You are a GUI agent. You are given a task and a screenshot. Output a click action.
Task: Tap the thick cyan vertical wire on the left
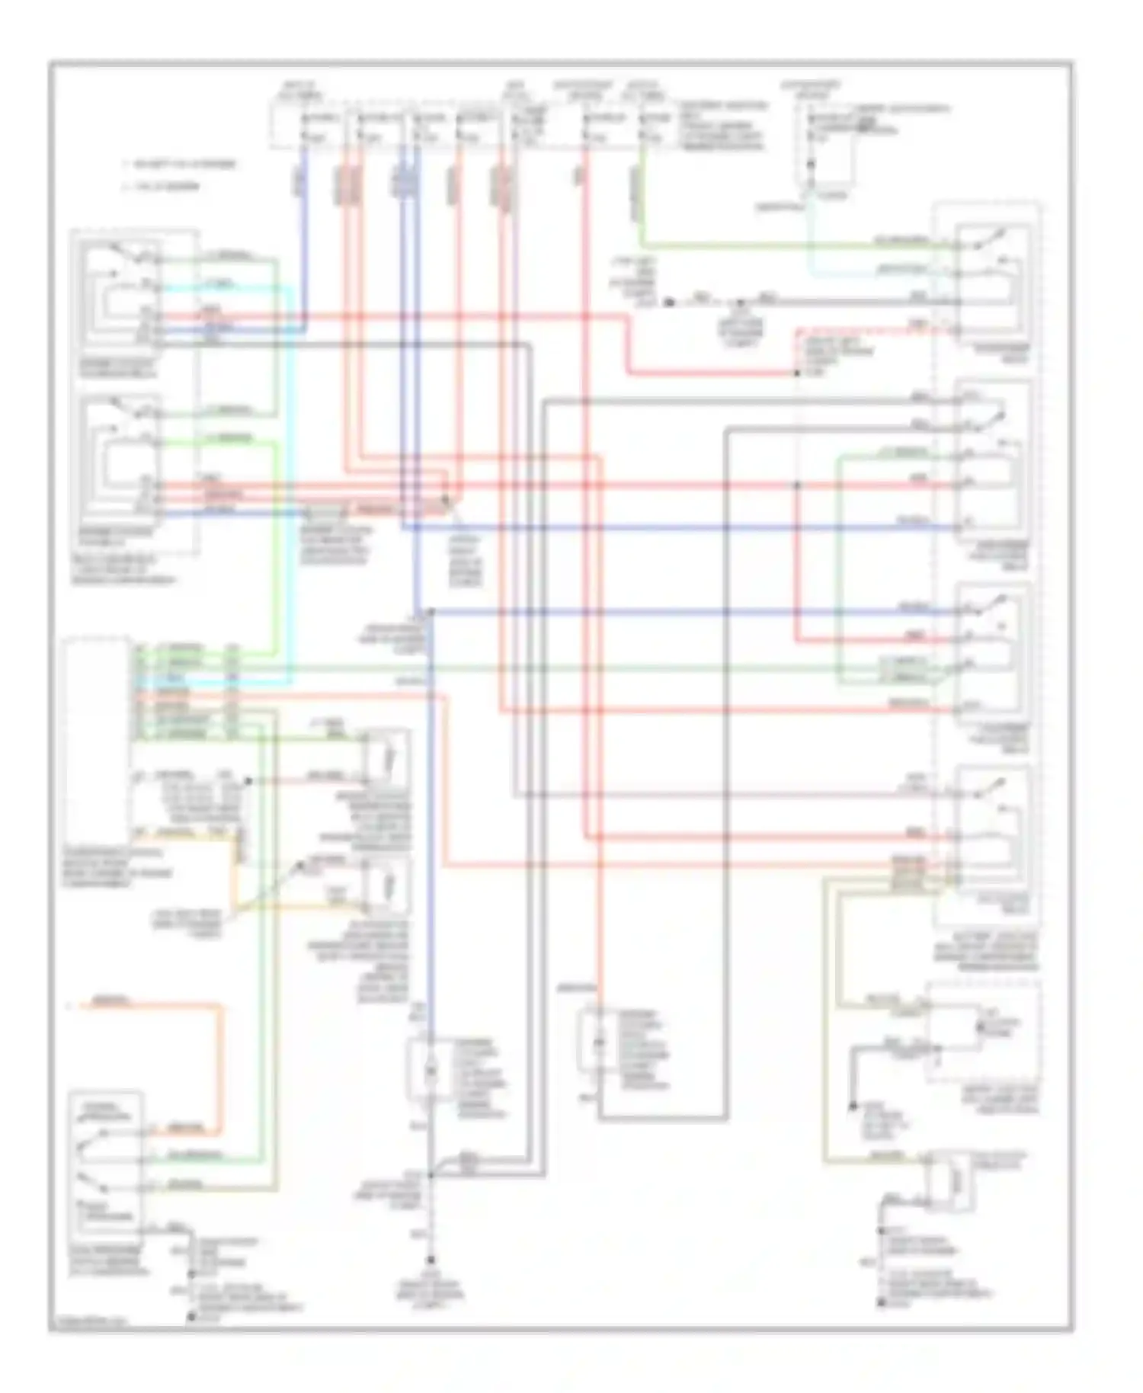pyautogui.click(x=290, y=488)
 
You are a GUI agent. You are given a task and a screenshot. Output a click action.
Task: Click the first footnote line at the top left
pyautogui.click(x=180, y=164)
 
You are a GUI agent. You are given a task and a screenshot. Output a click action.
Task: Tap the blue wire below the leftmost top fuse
pyautogui.click(x=306, y=229)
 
